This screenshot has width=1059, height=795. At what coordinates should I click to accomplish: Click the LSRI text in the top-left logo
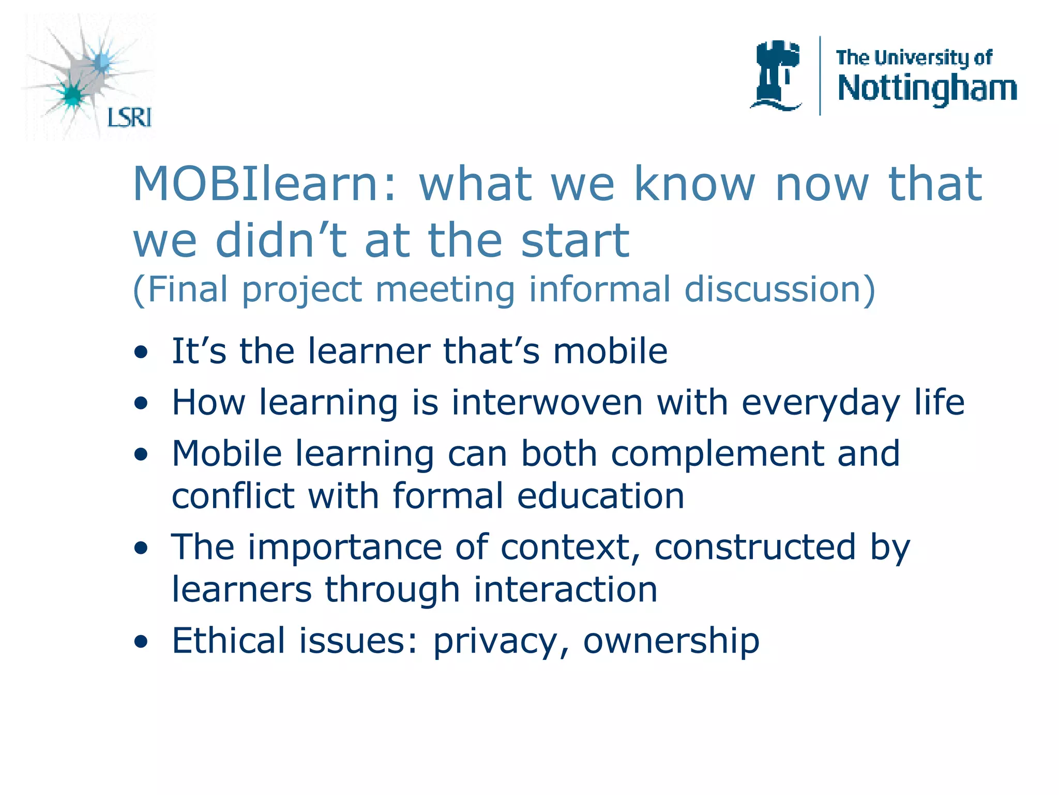tap(129, 117)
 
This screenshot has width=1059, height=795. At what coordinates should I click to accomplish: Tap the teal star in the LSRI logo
tap(72, 95)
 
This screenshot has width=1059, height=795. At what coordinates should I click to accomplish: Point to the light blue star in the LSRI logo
tap(102, 62)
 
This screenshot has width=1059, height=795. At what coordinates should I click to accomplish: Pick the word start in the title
tap(575, 240)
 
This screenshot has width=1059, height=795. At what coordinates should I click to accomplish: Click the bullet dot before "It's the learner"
tap(141, 353)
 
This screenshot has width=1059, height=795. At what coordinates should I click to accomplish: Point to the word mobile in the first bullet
tap(610, 351)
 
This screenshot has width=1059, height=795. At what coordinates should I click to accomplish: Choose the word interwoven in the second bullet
tap(547, 402)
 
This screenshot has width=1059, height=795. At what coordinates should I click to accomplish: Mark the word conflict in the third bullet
tap(233, 495)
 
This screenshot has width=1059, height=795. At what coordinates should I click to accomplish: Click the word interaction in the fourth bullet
tap(565, 590)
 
